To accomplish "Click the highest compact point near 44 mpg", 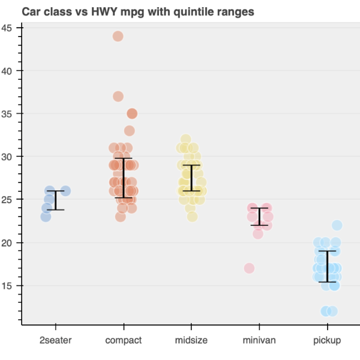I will click(x=118, y=36).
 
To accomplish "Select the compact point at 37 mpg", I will click(x=118, y=97).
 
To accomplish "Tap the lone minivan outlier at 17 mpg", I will click(x=249, y=268).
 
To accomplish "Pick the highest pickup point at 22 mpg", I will click(x=337, y=226).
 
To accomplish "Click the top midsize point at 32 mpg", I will click(x=186, y=139).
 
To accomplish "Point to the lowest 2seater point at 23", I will click(x=46, y=217).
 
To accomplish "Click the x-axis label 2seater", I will click(x=55, y=341).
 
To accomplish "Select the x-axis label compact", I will click(x=123, y=341).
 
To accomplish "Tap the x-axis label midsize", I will click(x=191, y=341).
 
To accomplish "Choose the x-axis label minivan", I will click(x=259, y=341).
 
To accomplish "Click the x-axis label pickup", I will click(x=327, y=341).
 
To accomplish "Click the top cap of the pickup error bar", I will click(x=327, y=251).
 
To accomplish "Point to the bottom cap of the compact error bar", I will click(x=123, y=197).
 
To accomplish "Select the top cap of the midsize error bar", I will click(x=191, y=165).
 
